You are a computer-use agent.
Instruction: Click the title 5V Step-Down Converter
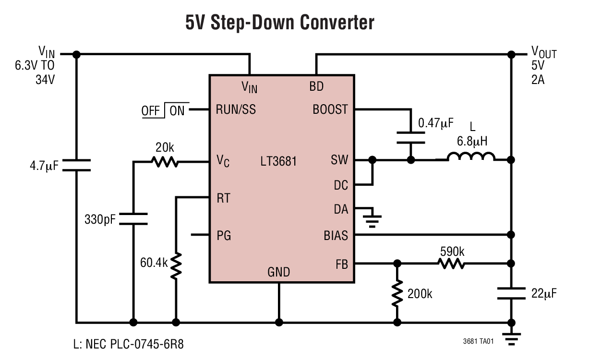click(280, 23)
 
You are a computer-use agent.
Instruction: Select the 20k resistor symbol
click(165, 162)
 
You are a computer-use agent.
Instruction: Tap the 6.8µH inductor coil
click(471, 157)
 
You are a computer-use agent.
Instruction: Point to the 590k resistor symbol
click(451, 263)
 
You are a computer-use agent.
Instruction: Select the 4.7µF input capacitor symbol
click(76, 166)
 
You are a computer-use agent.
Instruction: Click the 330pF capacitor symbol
click(133, 219)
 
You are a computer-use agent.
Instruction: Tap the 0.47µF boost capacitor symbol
click(411, 136)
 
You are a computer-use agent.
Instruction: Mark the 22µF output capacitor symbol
click(512, 293)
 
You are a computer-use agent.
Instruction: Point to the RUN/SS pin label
click(236, 109)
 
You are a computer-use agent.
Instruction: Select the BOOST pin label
click(330, 109)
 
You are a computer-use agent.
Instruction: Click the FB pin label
click(341, 264)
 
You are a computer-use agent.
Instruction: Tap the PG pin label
click(224, 235)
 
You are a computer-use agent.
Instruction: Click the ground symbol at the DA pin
click(372, 218)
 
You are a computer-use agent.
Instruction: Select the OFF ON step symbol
click(163, 110)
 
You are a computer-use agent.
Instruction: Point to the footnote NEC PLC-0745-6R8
click(128, 344)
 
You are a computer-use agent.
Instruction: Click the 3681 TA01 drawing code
click(478, 341)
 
